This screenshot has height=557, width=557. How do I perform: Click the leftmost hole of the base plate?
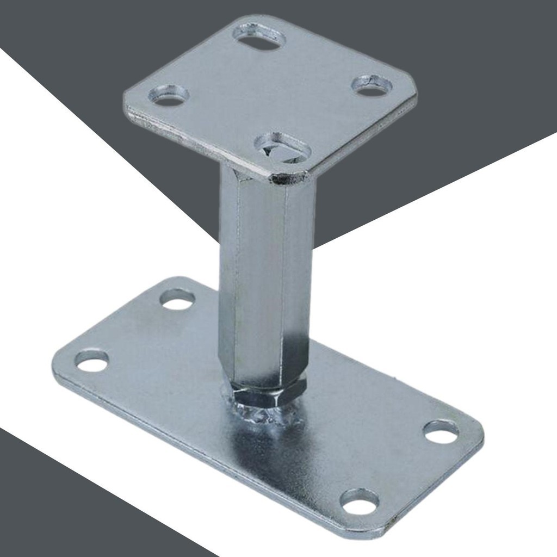click(91, 361)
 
